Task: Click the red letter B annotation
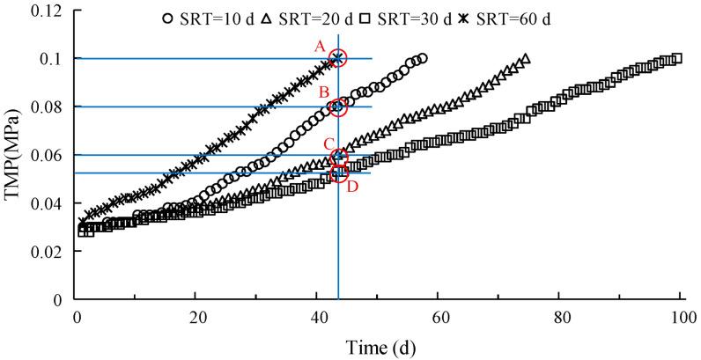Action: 323,92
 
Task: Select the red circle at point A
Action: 338,59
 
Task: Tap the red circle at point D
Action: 338,173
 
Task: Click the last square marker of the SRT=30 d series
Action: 676,59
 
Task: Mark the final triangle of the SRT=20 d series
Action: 525,60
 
